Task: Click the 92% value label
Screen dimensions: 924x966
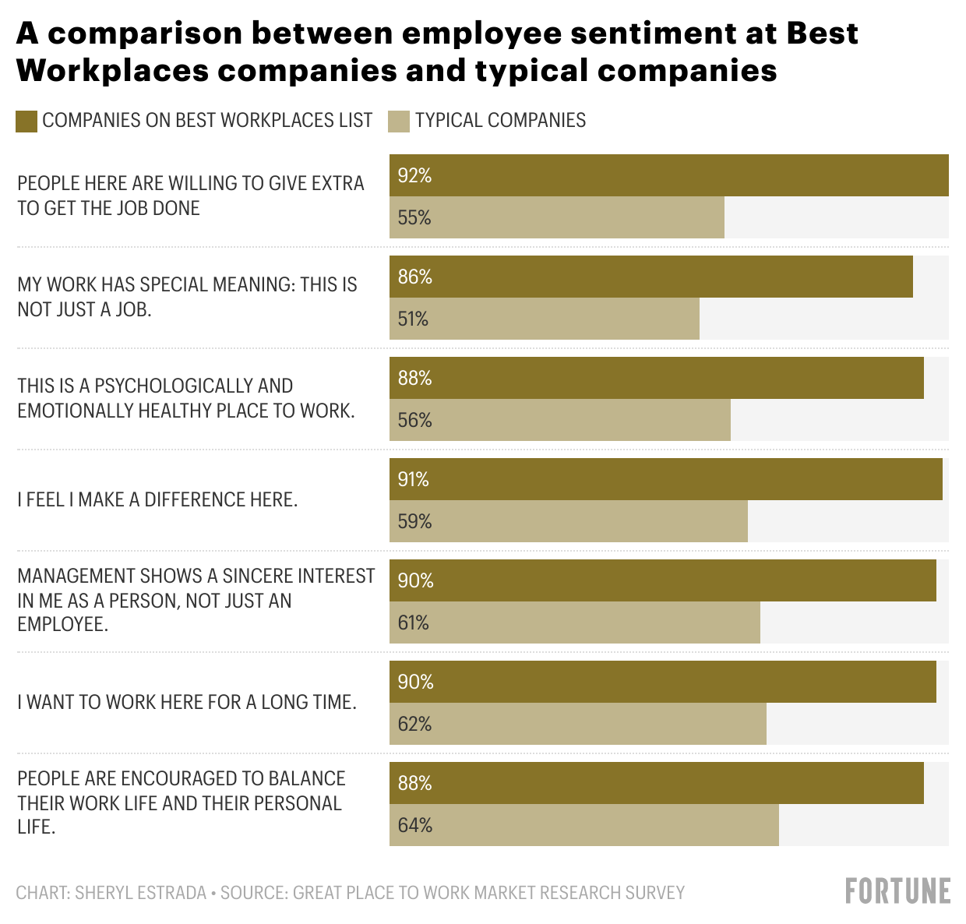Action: point(414,176)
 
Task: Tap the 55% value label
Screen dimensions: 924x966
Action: point(414,218)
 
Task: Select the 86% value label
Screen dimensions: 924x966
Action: point(414,277)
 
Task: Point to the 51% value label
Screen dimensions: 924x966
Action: point(413,319)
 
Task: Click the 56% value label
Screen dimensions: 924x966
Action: point(414,421)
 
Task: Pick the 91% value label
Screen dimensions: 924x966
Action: point(413,480)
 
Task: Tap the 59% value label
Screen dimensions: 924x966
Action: point(414,522)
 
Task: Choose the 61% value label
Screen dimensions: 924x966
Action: point(413,623)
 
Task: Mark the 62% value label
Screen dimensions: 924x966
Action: point(414,725)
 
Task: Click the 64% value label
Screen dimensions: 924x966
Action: point(414,826)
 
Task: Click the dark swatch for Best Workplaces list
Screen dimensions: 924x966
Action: point(26,122)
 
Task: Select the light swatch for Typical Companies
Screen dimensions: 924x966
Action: point(399,122)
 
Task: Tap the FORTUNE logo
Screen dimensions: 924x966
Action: point(897,891)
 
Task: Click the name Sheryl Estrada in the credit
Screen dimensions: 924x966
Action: point(140,893)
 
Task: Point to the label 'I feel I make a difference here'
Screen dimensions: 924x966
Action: point(157,499)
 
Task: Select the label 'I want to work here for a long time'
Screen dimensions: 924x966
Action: point(187,702)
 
